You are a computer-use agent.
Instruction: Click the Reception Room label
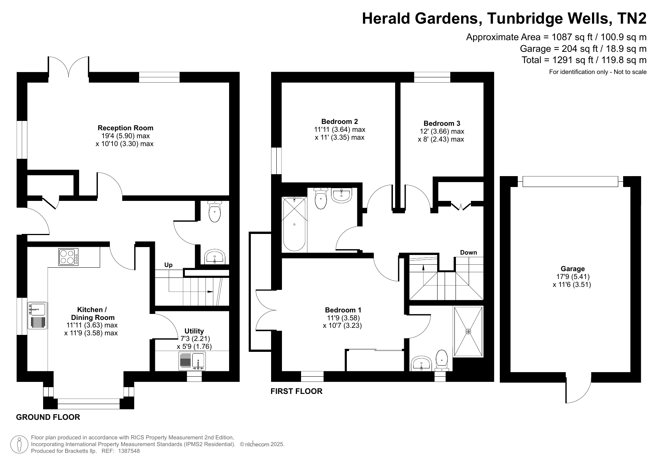(x=126, y=128)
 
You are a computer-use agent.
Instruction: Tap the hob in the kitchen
(x=69, y=257)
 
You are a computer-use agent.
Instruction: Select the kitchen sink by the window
(x=37, y=316)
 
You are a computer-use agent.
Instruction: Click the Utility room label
(x=194, y=331)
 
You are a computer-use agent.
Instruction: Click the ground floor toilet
(x=214, y=211)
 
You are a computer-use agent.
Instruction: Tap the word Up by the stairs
(x=168, y=265)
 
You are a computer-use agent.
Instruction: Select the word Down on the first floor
(x=469, y=252)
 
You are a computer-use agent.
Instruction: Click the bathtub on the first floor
(x=294, y=224)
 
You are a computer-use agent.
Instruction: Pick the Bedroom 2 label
(x=340, y=121)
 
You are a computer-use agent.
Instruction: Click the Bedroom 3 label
(x=442, y=123)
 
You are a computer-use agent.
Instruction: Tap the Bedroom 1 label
(x=343, y=310)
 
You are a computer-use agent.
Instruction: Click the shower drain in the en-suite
(x=468, y=331)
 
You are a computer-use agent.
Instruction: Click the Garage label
(x=573, y=268)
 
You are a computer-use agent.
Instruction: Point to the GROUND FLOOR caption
(x=48, y=417)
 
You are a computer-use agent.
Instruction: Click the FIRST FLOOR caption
(x=297, y=391)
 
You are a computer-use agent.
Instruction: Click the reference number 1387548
(x=129, y=451)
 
